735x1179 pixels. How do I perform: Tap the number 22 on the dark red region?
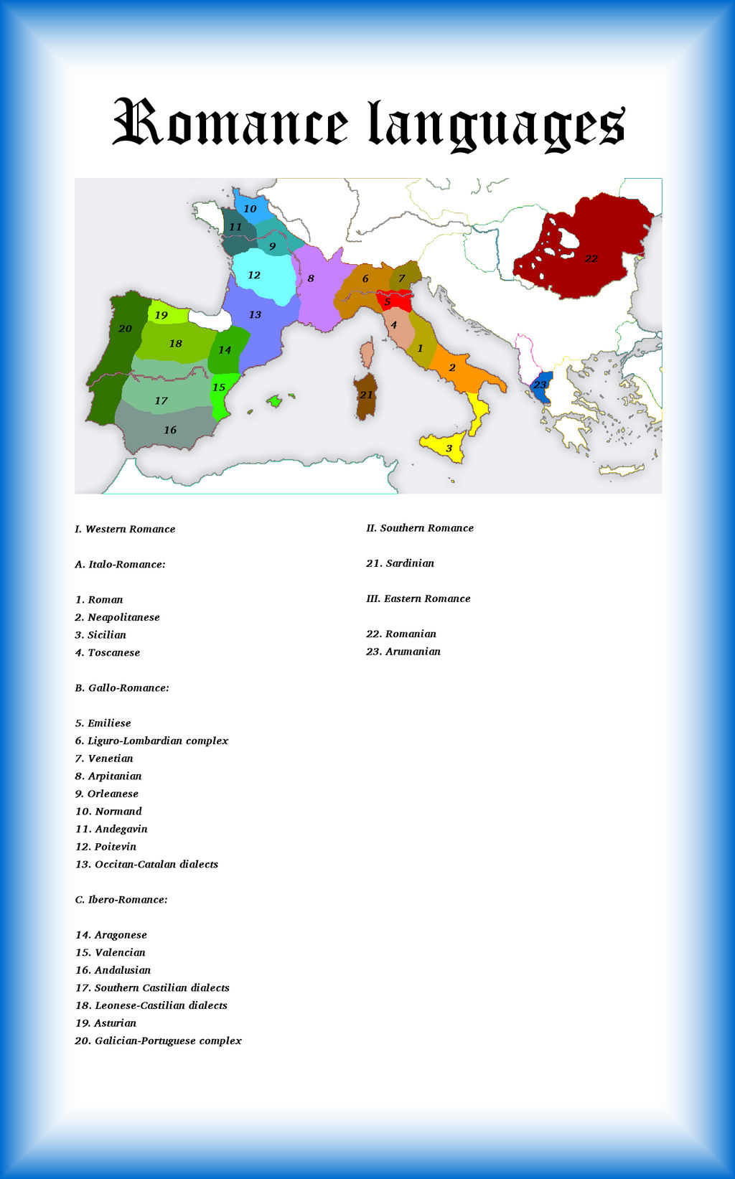click(x=591, y=258)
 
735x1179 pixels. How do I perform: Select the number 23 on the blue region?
click(x=540, y=385)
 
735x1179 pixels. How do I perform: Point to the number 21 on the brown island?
click(x=366, y=395)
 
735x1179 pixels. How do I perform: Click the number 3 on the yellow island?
click(x=449, y=448)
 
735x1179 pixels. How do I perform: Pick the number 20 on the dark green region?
click(x=125, y=329)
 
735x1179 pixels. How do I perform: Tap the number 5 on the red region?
click(x=388, y=302)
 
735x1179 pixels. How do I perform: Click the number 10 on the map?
click(x=250, y=209)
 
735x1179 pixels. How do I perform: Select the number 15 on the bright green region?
click(x=219, y=387)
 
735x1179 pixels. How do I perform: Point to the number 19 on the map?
click(x=161, y=315)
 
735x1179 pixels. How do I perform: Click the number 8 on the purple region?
click(x=311, y=278)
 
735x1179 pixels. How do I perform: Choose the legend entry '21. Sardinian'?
click(x=400, y=563)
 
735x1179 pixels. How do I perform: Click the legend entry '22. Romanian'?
click(x=401, y=634)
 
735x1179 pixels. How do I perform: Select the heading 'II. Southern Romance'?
click(x=420, y=528)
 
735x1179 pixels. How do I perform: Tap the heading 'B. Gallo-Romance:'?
click(x=122, y=687)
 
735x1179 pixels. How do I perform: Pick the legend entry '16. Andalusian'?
click(x=113, y=970)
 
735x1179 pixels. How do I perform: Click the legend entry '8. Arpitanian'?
click(x=108, y=776)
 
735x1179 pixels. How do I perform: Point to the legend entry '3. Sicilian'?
click(x=100, y=635)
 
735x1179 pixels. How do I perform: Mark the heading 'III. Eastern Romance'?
click(x=418, y=598)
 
